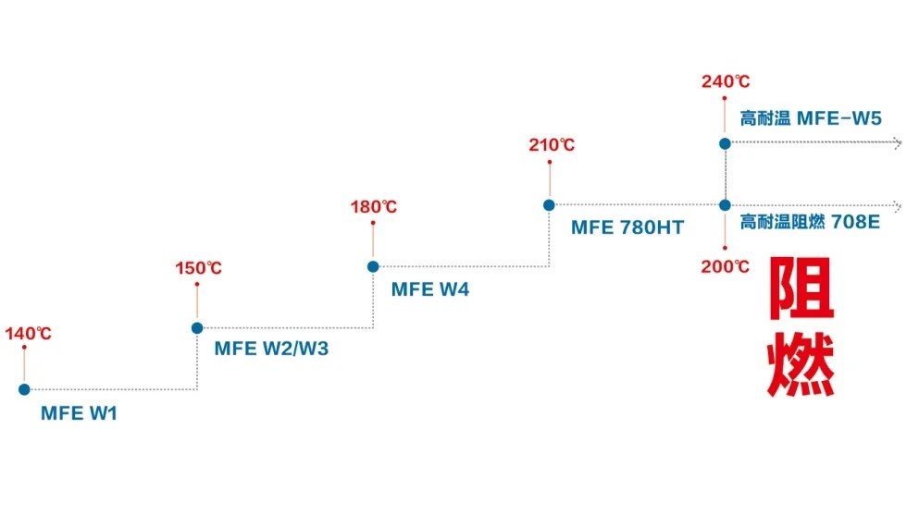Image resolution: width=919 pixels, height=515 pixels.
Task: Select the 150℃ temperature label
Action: [199, 269]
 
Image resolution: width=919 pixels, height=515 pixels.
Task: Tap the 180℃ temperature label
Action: [374, 207]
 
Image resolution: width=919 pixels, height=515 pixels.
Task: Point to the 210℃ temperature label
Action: [552, 145]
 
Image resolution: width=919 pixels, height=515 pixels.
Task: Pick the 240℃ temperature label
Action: [726, 81]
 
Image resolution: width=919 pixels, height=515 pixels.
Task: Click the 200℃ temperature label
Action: [726, 266]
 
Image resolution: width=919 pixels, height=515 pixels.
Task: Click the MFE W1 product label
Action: [79, 413]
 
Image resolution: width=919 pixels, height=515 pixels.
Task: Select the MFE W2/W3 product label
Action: [271, 349]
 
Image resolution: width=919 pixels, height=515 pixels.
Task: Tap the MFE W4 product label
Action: [430, 289]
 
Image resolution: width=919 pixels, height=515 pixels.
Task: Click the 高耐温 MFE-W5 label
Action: [811, 118]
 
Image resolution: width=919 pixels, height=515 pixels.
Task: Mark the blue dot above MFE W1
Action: [24, 389]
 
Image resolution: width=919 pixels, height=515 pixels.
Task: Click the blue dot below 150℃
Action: [197, 327]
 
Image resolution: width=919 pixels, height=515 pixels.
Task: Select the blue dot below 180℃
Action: [373, 266]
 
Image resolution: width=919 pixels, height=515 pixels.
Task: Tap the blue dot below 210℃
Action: [549, 204]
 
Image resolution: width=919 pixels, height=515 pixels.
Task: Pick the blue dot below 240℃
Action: [726, 143]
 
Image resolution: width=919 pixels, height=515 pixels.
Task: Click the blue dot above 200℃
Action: [726, 204]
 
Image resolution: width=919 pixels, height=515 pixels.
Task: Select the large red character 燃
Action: [801, 363]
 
